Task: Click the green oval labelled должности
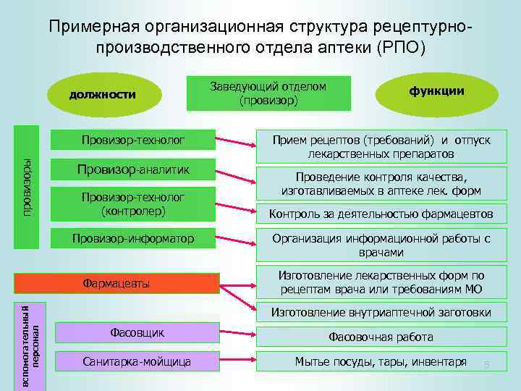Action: (x=102, y=94)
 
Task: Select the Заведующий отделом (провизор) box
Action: (x=268, y=93)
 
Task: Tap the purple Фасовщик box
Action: (x=137, y=332)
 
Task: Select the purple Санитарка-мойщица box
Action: (x=137, y=360)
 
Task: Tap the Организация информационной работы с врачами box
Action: (x=381, y=245)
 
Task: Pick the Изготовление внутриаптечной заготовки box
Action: (x=381, y=313)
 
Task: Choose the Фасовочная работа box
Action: (x=381, y=337)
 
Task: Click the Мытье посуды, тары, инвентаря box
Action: (x=381, y=361)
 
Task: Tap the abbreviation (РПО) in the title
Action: (x=400, y=49)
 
